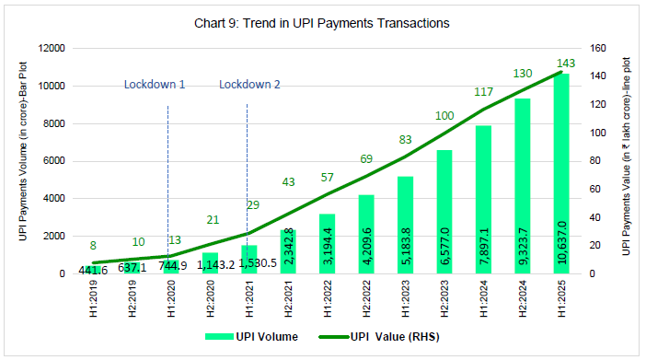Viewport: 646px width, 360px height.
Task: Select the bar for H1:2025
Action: pyautogui.click(x=560, y=175)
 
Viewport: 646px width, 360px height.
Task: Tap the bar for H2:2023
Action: pyautogui.click(x=444, y=213)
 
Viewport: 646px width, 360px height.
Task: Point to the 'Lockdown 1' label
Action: pyautogui.click(x=155, y=86)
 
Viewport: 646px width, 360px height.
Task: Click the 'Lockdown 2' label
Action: pyautogui.click(x=249, y=86)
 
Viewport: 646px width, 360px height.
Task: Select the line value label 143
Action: pyautogui.click(x=565, y=63)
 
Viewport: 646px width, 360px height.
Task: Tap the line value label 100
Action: pyautogui.click(x=444, y=115)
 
